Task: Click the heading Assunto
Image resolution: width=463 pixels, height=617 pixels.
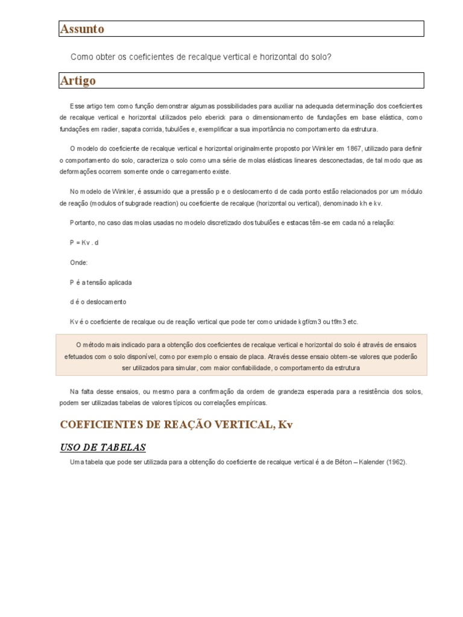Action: (82, 29)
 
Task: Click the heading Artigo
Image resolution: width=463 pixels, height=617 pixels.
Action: (78, 81)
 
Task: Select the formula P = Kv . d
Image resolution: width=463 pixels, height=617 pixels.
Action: (84, 242)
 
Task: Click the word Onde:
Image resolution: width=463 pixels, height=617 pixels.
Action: (79, 262)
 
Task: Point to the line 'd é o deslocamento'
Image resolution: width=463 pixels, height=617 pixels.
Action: (98, 302)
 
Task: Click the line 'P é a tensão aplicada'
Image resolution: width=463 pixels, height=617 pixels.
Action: (101, 282)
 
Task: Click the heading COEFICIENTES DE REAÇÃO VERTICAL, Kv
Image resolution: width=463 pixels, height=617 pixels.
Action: (176, 425)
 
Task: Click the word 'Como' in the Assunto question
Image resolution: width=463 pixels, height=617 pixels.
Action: (80, 57)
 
